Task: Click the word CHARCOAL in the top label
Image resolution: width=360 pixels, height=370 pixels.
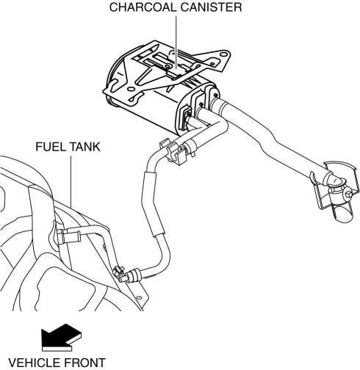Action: (x=143, y=7)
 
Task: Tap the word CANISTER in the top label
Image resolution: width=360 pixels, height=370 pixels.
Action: (x=212, y=7)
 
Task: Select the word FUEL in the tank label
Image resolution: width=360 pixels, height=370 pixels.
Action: (x=51, y=147)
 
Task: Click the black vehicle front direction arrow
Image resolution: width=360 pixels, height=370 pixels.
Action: (x=61, y=338)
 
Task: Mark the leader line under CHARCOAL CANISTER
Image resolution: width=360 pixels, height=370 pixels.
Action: (x=176, y=43)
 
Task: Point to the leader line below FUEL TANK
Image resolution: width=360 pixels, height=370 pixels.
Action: (x=71, y=181)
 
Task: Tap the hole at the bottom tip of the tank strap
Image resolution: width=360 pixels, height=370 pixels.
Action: (x=140, y=297)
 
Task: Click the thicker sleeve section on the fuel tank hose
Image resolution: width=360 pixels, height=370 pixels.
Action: (x=151, y=204)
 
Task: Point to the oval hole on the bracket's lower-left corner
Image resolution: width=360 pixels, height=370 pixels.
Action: (x=133, y=98)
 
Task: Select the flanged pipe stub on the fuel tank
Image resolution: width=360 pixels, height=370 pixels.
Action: (x=71, y=236)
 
